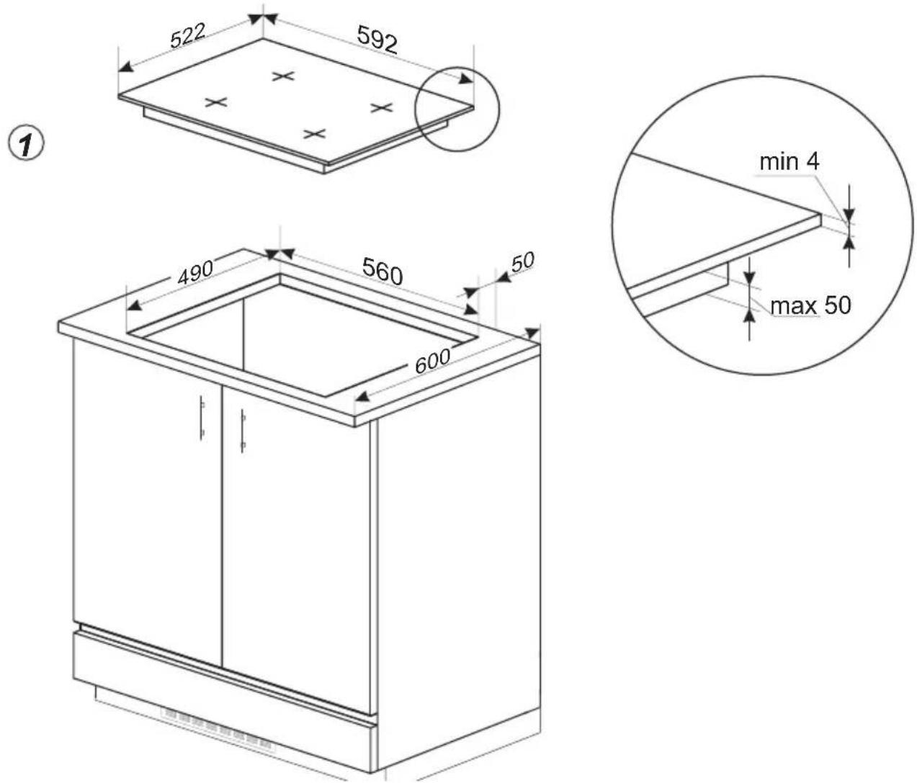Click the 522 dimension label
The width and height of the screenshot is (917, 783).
[x=188, y=36]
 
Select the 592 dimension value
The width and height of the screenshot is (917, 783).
[x=377, y=40]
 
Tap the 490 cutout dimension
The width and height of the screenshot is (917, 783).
[x=195, y=272]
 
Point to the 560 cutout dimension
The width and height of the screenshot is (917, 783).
[x=383, y=271]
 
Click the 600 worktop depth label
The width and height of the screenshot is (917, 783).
[x=432, y=361]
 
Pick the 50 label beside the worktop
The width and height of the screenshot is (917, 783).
[x=522, y=262]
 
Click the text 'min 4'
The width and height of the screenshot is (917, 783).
[x=789, y=161]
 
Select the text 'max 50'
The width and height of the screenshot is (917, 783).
[x=810, y=305]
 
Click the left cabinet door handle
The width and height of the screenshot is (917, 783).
[x=202, y=419]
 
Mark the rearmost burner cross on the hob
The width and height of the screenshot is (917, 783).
[x=283, y=76]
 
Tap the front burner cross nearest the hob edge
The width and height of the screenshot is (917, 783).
[x=315, y=133]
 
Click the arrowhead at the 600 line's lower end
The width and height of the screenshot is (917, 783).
[x=363, y=395]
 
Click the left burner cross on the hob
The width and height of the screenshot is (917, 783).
[x=217, y=102]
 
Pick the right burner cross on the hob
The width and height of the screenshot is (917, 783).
[x=382, y=107]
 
